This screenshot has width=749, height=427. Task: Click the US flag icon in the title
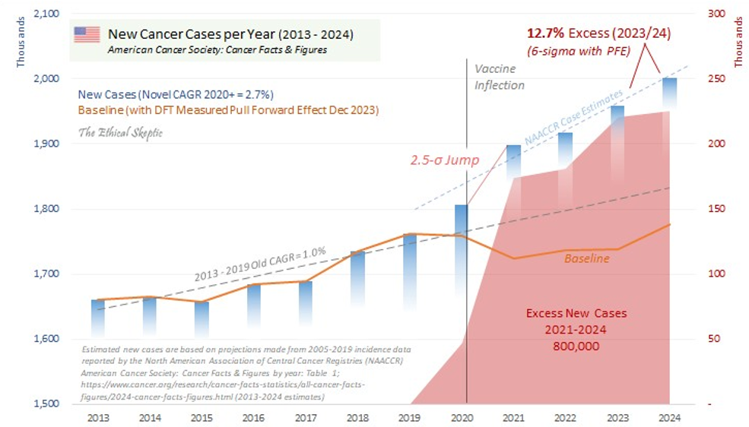click(87, 34)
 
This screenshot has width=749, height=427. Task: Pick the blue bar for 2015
click(202, 318)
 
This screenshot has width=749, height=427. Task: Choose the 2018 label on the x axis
click(357, 416)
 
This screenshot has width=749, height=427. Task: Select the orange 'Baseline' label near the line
click(586, 259)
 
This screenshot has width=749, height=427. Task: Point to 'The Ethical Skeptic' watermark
click(120, 133)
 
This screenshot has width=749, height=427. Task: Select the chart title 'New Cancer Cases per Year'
click(230, 34)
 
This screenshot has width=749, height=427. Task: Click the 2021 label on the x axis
click(513, 416)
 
